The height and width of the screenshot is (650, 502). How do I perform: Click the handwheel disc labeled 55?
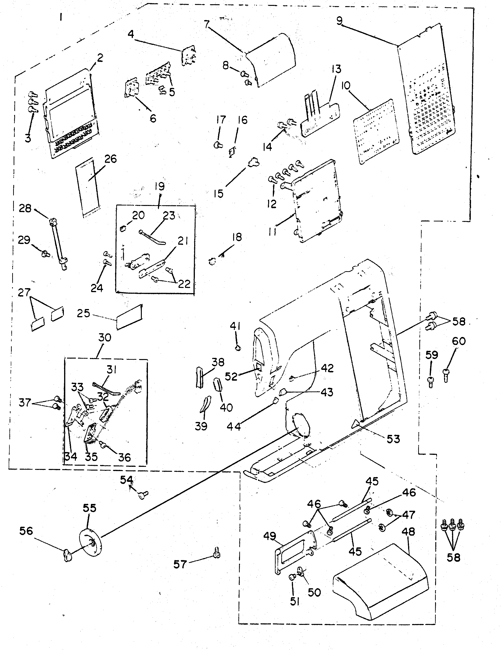(x=91, y=542)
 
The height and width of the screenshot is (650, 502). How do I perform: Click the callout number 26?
(x=110, y=159)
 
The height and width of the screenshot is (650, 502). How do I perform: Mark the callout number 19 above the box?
(x=159, y=187)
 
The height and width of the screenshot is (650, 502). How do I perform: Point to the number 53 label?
(x=393, y=439)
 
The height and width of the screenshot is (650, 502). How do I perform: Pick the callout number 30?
(x=104, y=337)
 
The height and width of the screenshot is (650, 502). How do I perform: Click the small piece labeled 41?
(x=238, y=347)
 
